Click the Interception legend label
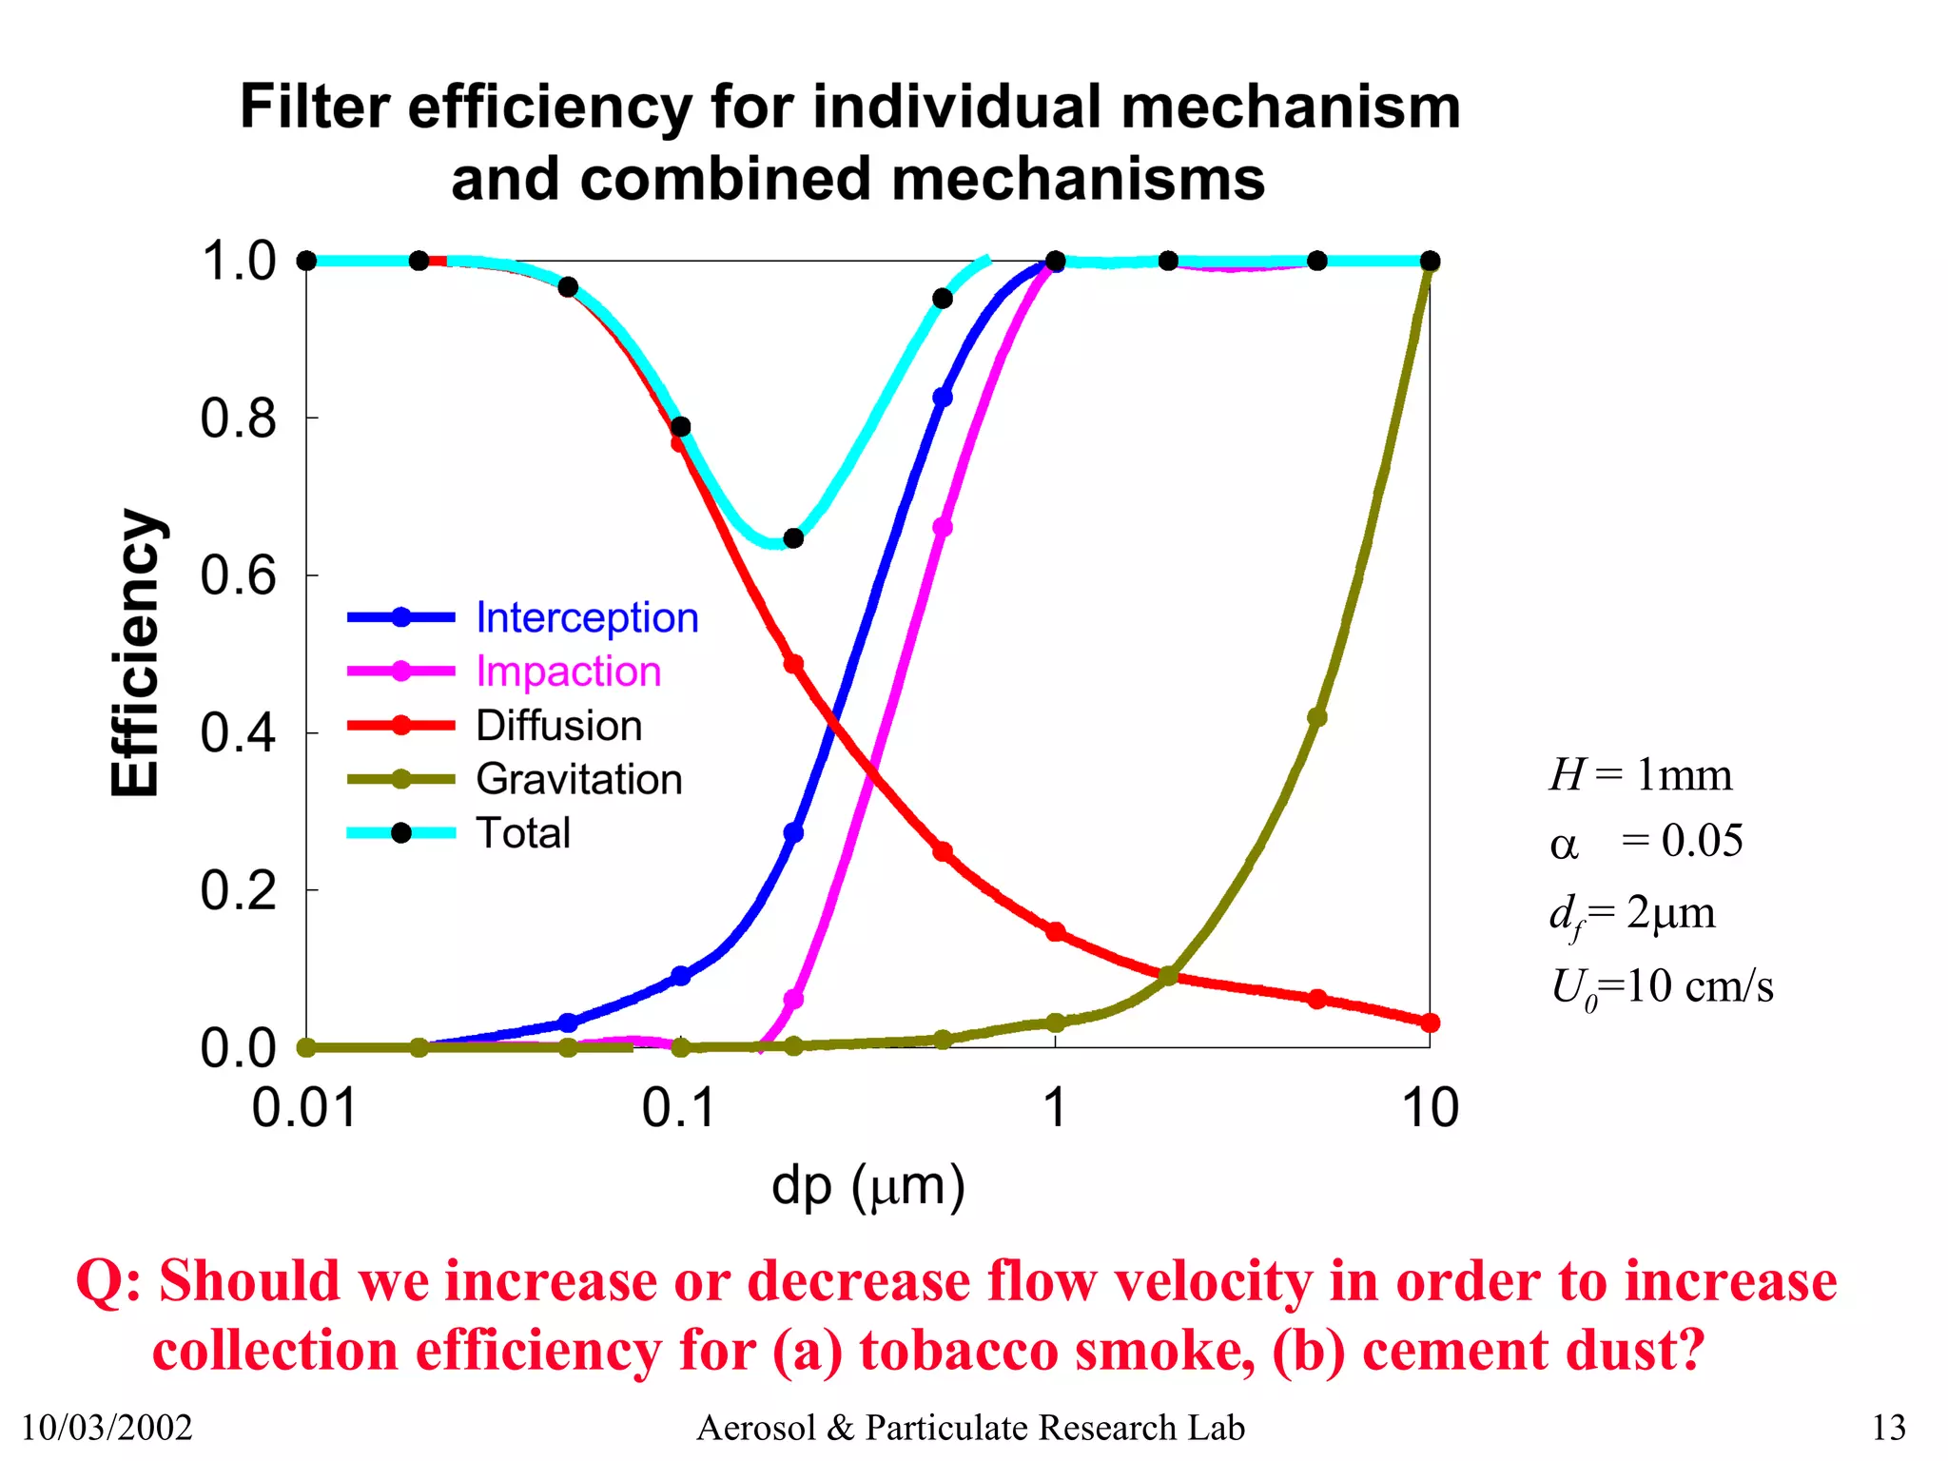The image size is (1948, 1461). (587, 618)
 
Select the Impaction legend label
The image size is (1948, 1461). (568, 672)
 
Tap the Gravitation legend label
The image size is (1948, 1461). (578, 779)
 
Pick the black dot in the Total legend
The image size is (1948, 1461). (401, 833)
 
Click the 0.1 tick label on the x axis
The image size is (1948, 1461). (678, 1108)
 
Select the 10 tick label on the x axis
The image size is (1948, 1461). (1430, 1108)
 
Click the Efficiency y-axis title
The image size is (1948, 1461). (135, 653)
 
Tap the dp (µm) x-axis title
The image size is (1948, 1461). (867, 1186)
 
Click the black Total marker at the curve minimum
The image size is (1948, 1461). (793, 538)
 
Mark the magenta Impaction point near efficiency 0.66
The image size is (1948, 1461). (943, 527)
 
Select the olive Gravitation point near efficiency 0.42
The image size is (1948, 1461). (1316, 717)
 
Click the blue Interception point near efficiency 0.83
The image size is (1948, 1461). (943, 398)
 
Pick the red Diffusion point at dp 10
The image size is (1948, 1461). (1430, 1023)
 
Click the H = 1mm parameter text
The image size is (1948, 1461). (1640, 775)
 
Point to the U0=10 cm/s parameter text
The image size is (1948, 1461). (1662, 986)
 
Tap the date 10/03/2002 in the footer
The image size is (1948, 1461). (107, 1428)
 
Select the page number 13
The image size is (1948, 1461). (1888, 1428)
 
